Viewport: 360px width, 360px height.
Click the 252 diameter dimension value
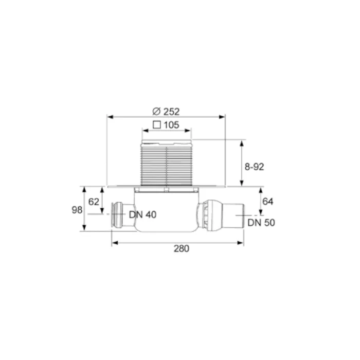point(171,112)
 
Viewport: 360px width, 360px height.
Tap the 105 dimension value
point(171,125)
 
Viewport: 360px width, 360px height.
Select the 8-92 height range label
point(254,167)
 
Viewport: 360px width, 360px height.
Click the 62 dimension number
point(94,202)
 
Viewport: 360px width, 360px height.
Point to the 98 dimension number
point(77,210)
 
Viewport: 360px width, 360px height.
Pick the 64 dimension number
point(268,202)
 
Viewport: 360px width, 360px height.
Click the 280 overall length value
point(182,248)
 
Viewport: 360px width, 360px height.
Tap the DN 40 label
point(142,214)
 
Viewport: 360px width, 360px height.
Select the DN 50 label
point(261,223)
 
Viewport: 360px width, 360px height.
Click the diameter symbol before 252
point(156,112)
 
